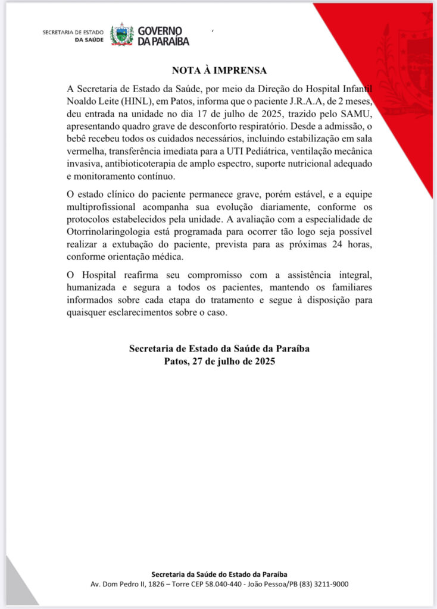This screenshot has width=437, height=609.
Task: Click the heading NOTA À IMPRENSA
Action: [219, 70]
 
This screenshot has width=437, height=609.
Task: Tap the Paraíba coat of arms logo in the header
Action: [122, 35]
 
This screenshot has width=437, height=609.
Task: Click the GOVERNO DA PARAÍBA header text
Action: [163, 36]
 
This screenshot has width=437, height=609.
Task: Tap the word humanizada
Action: [91, 288]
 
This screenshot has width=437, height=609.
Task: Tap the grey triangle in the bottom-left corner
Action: [18, 589]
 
